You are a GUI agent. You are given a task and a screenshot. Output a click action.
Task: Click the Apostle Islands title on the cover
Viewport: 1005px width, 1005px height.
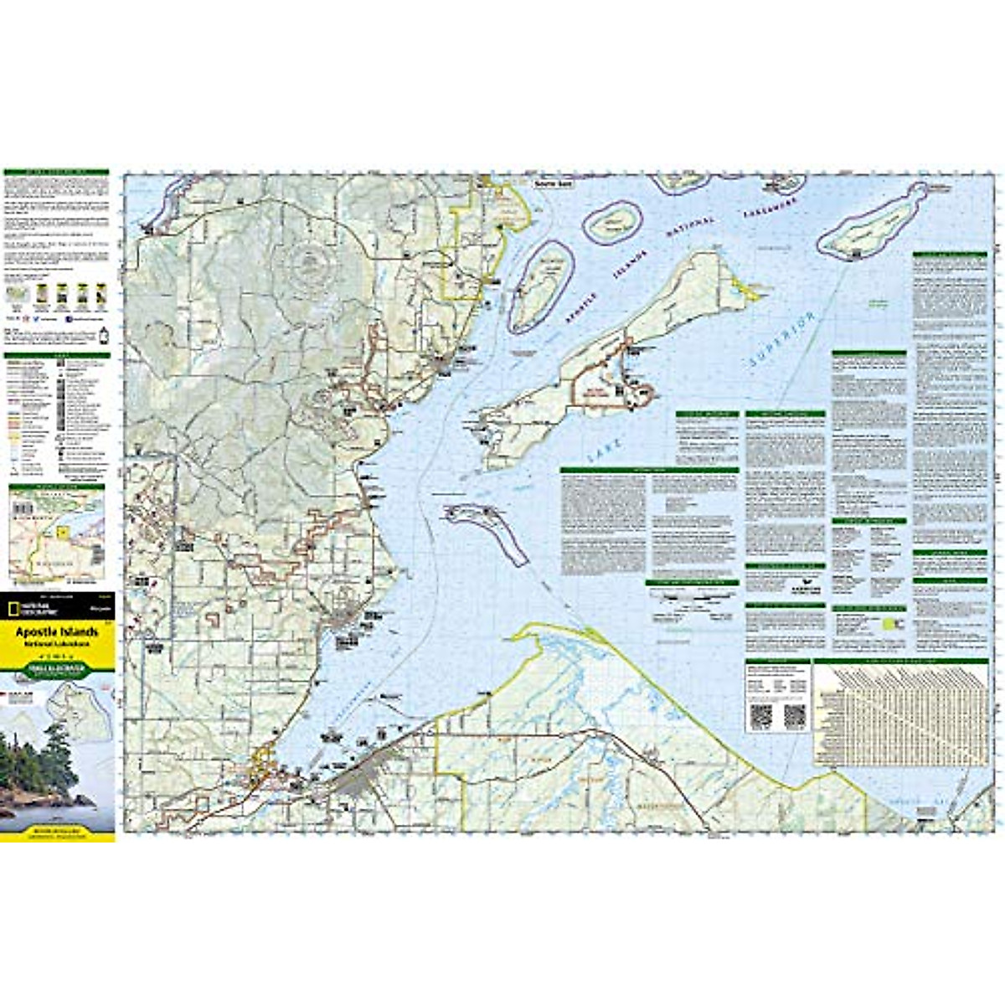pyautogui.click(x=57, y=631)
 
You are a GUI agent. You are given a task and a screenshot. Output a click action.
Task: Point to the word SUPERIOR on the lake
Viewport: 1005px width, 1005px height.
pyautogui.click(x=781, y=342)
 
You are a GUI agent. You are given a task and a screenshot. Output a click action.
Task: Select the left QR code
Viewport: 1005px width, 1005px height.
pyautogui.click(x=760, y=715)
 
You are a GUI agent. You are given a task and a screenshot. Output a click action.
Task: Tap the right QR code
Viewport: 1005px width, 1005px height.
pyautogui.click(x=794, y=715)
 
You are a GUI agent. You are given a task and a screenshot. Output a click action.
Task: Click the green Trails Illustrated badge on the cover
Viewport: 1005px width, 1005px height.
pyautogui.click(x=57, y=669)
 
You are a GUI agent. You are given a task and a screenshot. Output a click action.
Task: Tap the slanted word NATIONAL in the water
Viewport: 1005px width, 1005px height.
pyautogui.click(x=688, y=234)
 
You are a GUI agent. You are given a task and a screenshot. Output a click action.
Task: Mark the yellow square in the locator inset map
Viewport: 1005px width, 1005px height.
pyautogui.click(x=61, y=531)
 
